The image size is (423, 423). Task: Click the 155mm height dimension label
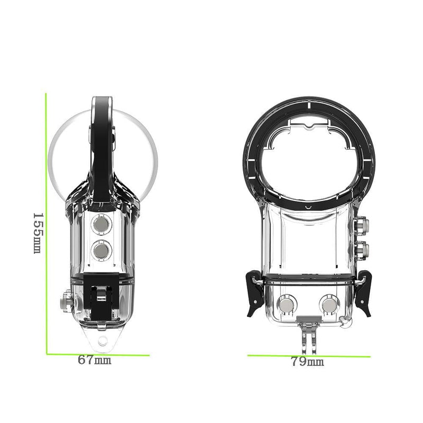37,233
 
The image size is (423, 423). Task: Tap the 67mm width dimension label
95,361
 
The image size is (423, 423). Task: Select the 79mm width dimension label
307,362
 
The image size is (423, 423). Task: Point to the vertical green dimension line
47,222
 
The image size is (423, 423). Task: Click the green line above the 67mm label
98,354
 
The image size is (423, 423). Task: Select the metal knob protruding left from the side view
66,302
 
